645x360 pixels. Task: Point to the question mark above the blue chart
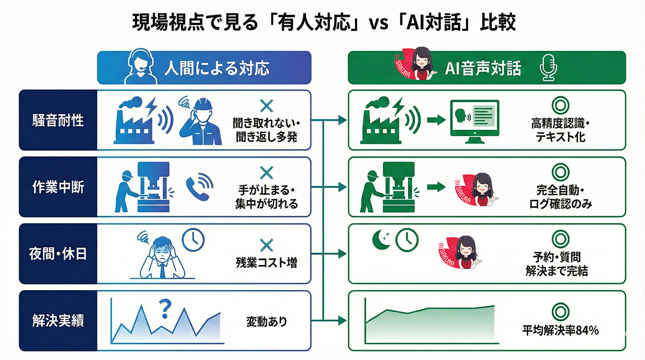(x=165, y=308)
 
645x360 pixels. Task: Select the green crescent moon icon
(x=380, y=239)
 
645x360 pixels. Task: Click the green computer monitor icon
(x=474, y=120)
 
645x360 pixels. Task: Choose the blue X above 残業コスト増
(x=266, y=244)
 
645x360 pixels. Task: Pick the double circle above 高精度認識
(x=560, y=104)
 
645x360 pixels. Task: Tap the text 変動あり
(x=266, y=322)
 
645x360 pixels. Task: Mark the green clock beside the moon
(x=406, y=239)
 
